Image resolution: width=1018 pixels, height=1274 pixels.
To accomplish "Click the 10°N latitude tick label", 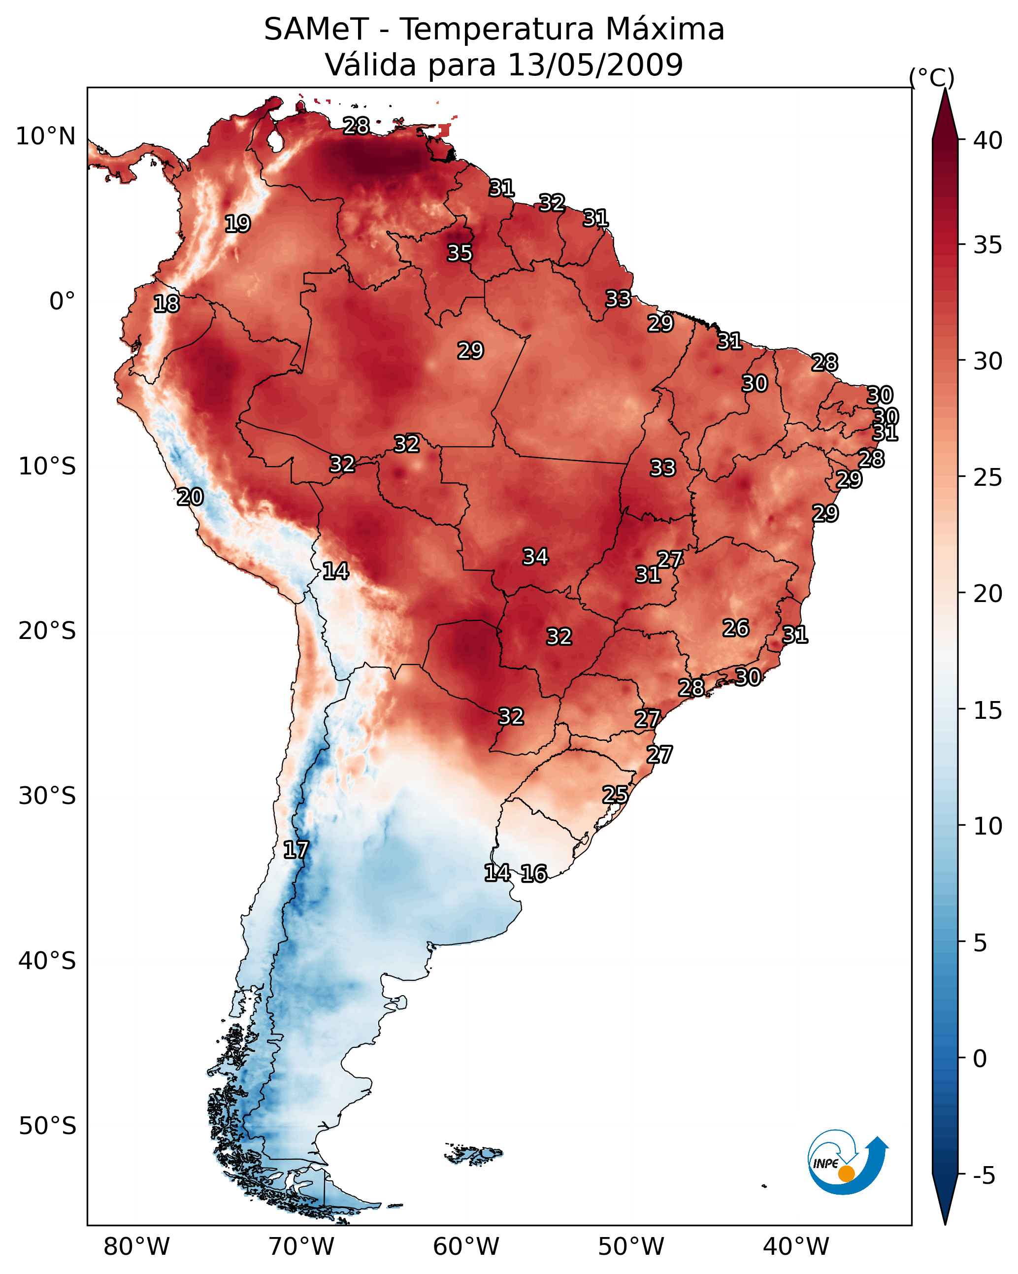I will coord(45,136).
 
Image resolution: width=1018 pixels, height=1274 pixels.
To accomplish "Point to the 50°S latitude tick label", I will coord(47,1126).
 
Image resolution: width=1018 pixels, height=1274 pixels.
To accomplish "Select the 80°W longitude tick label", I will coord(136,1247).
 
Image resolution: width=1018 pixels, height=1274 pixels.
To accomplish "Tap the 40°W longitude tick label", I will coord(796,1247).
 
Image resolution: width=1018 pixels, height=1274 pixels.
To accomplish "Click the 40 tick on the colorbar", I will coord(988,140).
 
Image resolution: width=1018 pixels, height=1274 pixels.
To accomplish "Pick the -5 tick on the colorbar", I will coord(984,1176).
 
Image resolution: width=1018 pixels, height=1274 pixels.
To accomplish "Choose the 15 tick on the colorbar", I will coord(988,710).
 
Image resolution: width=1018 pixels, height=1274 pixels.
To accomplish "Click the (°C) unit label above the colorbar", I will coord(931,77).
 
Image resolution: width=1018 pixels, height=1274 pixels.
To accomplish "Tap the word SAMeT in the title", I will coord(316,30).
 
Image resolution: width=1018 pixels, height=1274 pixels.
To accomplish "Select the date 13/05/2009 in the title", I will coord(595,65).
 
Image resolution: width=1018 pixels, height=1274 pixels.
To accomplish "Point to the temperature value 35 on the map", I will coord(460,253).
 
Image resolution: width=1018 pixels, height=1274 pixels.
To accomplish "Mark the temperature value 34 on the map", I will coord(535,557).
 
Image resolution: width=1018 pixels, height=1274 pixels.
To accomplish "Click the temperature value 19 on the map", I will coord(237,224).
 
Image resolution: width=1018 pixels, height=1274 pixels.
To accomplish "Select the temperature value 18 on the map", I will coord(166,304).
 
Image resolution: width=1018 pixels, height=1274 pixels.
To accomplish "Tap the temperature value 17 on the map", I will coord(296,850).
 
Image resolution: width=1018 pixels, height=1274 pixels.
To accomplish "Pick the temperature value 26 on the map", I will coord(736,628).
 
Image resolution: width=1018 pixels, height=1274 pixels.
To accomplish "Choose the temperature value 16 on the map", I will coord(533,873).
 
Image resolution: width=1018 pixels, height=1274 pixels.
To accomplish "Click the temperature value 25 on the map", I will coord(615,794).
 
